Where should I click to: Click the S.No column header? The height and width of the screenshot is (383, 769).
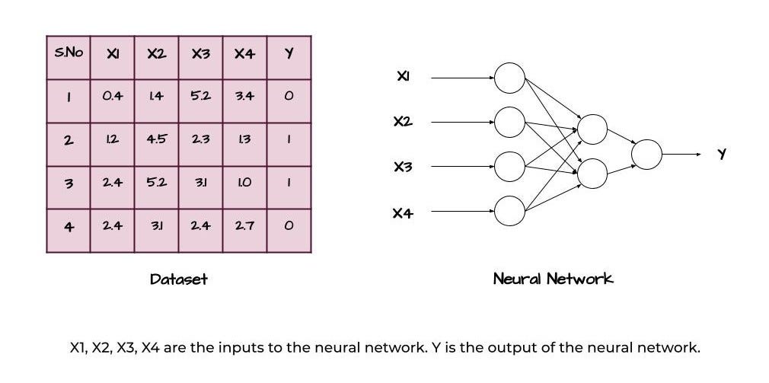pos(69,54)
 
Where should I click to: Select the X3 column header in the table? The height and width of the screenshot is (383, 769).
pos(201,55)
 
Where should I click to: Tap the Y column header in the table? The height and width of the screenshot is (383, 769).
pos(289,55)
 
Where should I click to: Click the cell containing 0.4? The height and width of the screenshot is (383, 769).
pos(112,97)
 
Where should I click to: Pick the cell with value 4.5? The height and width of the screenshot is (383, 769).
pos(157,140)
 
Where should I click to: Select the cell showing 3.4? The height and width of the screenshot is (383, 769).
pos(244,97)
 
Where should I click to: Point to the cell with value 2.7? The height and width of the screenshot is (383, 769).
pos(244,226)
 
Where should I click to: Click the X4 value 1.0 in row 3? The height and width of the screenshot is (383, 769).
pos(244,184)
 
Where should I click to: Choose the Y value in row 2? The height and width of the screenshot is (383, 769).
pos(289,141)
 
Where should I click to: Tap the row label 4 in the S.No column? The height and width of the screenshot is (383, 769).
pos(69,226)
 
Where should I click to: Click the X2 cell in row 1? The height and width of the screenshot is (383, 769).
pos(157,97)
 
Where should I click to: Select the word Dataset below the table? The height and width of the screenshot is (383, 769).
pos(179,279)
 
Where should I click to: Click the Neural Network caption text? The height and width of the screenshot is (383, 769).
pos(553,279)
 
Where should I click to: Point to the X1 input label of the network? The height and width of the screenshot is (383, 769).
pos(403,76)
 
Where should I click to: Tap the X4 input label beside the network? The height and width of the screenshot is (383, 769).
pos(403,214)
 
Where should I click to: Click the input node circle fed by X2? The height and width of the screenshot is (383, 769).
pos(509,121)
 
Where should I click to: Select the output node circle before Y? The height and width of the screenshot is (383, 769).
pos(646,155)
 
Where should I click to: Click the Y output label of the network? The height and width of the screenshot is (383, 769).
pos(722,155)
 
